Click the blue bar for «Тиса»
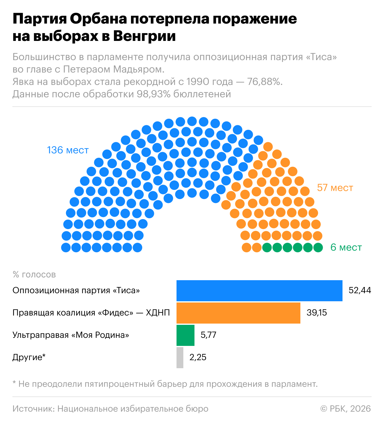[x=259, y=291]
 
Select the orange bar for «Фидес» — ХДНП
[x=238, y=313]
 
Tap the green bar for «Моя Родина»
[x=185, y=335]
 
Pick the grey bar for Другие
[x=180, y=358]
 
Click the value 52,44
[x=360, y=290]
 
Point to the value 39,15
[x=316, y=313]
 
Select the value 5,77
[x=208, y=335]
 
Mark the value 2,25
[x=198, y=357]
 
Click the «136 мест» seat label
[x=68, y=150]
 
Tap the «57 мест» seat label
[x=335, y=188]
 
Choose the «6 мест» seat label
[x=346, y=248]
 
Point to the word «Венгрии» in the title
[x=144, y=36]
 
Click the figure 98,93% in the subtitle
[x=154, y=94]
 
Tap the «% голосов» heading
[x=34, y=275]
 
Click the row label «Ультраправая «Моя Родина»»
[x=71, y=335]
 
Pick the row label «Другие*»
[x=29, y=357]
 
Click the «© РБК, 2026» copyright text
[x=345, y=409]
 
